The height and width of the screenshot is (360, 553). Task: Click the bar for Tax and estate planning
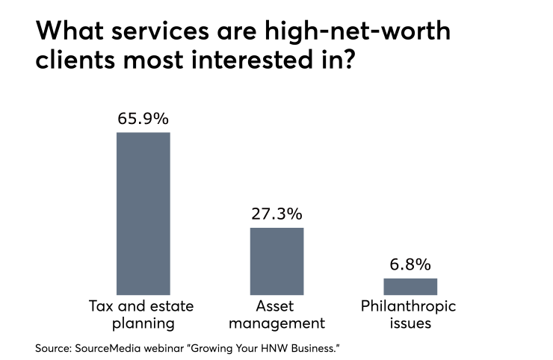coord(143,213)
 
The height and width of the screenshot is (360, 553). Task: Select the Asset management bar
coord(276,261)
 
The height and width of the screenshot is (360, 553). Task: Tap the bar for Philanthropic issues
coord(410,286)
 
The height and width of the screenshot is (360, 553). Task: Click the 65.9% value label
coord(143,119)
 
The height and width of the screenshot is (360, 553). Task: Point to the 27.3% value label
coord(276,214)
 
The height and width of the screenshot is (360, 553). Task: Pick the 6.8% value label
coord(410,265)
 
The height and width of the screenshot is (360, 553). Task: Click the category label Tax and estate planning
coord(143,314)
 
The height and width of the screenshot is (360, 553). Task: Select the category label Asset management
coord(276,314)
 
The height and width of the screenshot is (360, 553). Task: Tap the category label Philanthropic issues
coord(409,314)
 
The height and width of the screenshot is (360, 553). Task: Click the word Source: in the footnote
coord(55,347)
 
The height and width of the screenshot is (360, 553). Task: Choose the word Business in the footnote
coord(322,347)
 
